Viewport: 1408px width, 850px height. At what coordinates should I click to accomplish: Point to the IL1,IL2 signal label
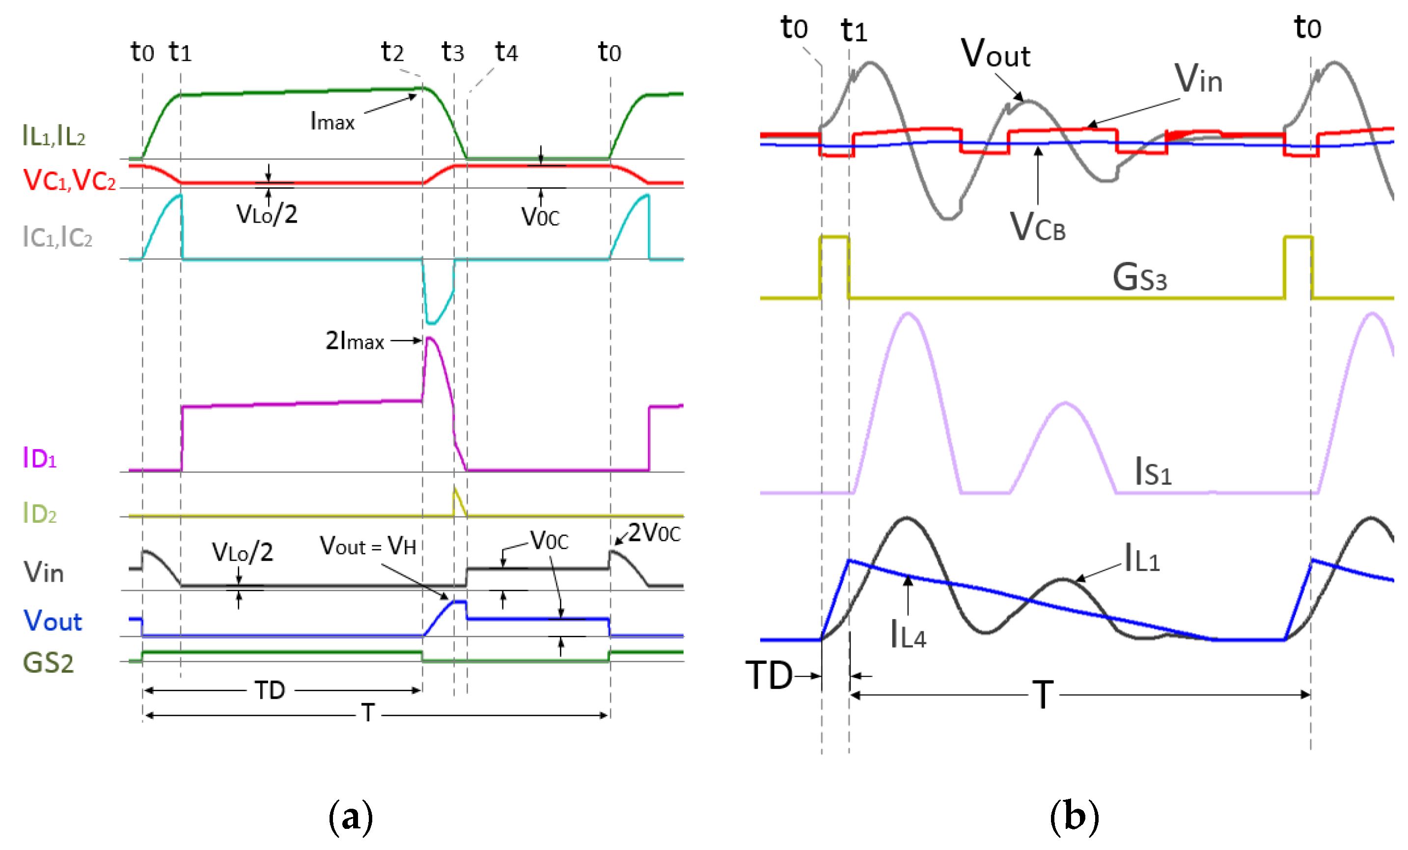55,136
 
